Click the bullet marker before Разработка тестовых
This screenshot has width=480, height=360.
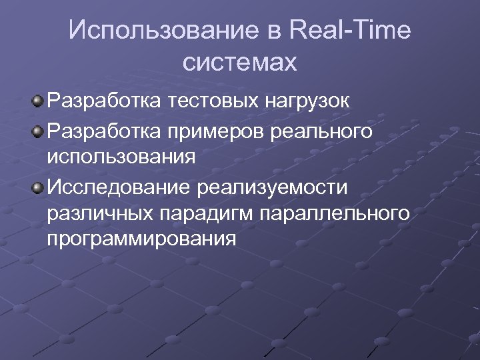point(38,101)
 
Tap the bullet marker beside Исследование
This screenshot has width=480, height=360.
point(38,185)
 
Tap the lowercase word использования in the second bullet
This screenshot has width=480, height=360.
point(122,157)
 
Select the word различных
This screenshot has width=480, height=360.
point(100,213)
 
